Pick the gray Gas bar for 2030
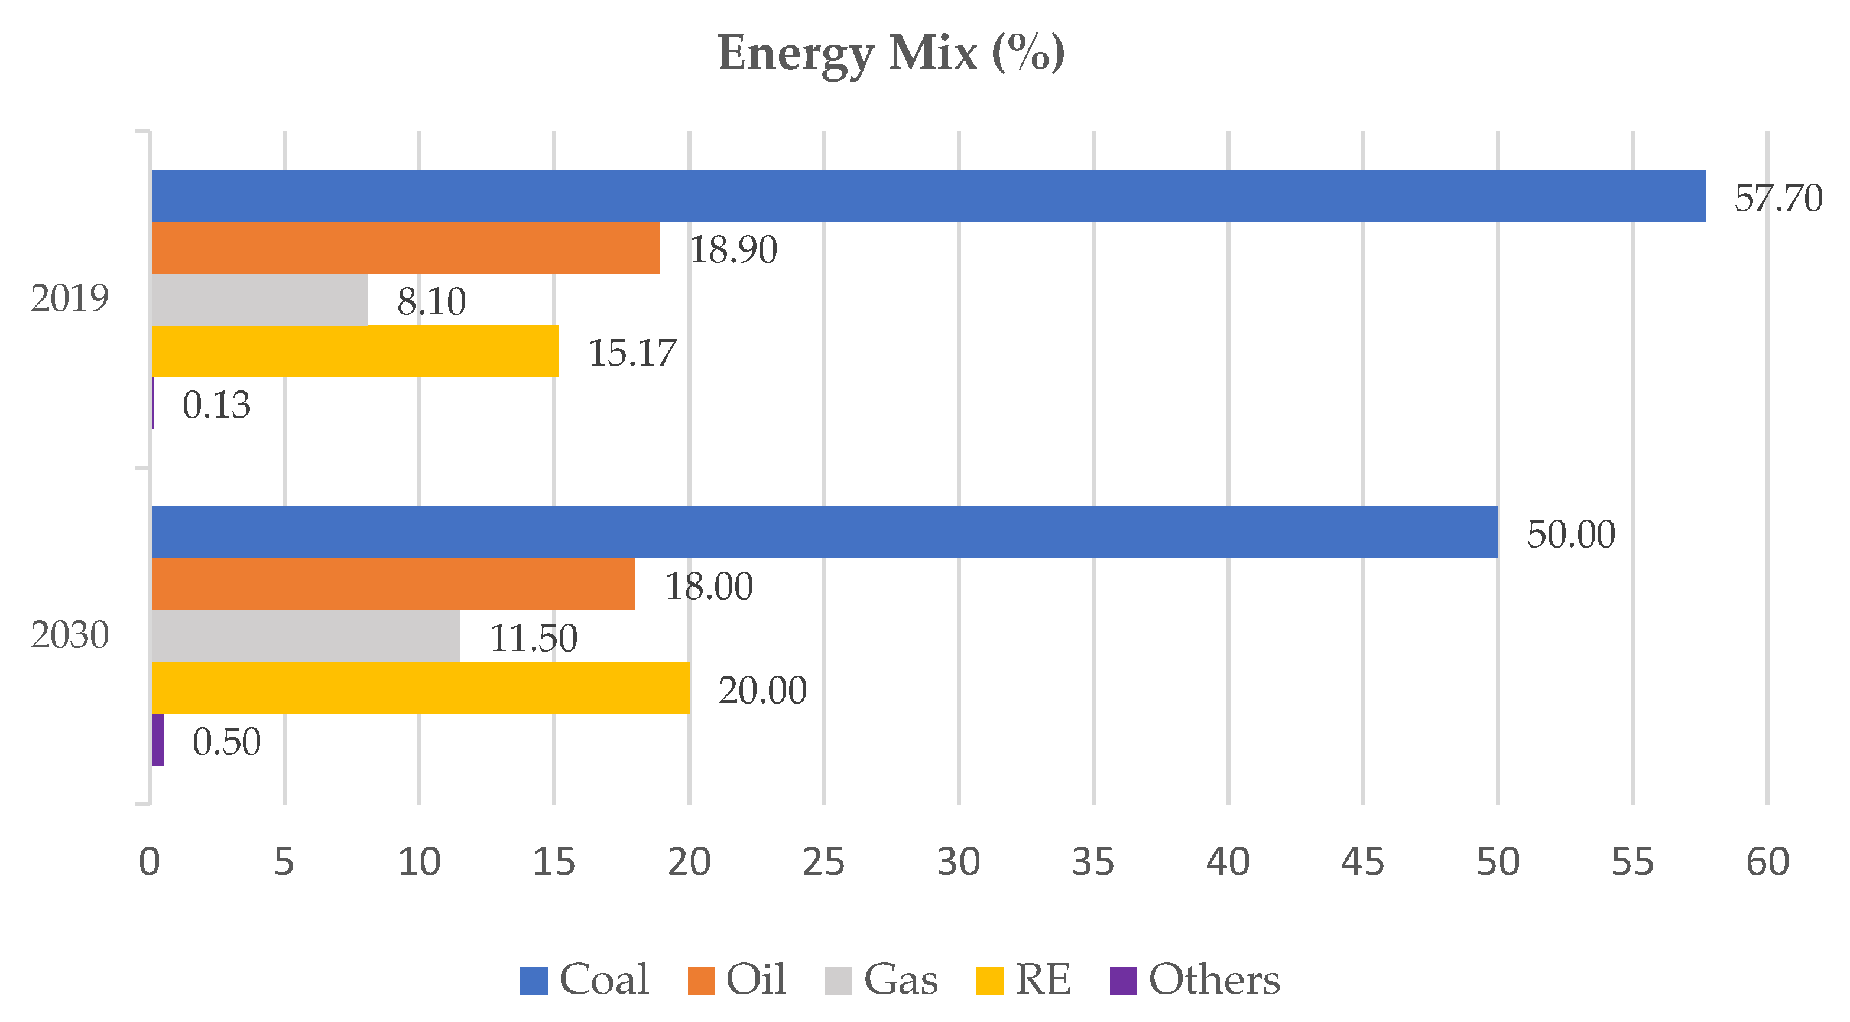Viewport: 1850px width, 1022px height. tap(305, 636)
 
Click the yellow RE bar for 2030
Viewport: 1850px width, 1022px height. tap(420, 688)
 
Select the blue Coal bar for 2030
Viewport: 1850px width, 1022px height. tap(825, 532)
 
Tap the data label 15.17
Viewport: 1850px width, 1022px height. tap(631, 353)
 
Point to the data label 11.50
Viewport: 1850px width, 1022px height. tap(533, 638)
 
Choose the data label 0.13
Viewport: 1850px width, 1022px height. tap(216, 405)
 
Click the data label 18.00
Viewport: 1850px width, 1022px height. tap(708, 587)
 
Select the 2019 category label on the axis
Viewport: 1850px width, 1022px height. tap(70, 298)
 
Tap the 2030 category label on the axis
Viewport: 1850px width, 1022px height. tap(70, 635)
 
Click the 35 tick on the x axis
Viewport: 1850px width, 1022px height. tap(1093, 862)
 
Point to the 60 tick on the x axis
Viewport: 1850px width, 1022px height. tap(1767, 862)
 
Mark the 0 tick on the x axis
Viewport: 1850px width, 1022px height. tap(150, 862)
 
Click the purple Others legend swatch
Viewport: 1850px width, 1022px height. tap(1123, 981)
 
